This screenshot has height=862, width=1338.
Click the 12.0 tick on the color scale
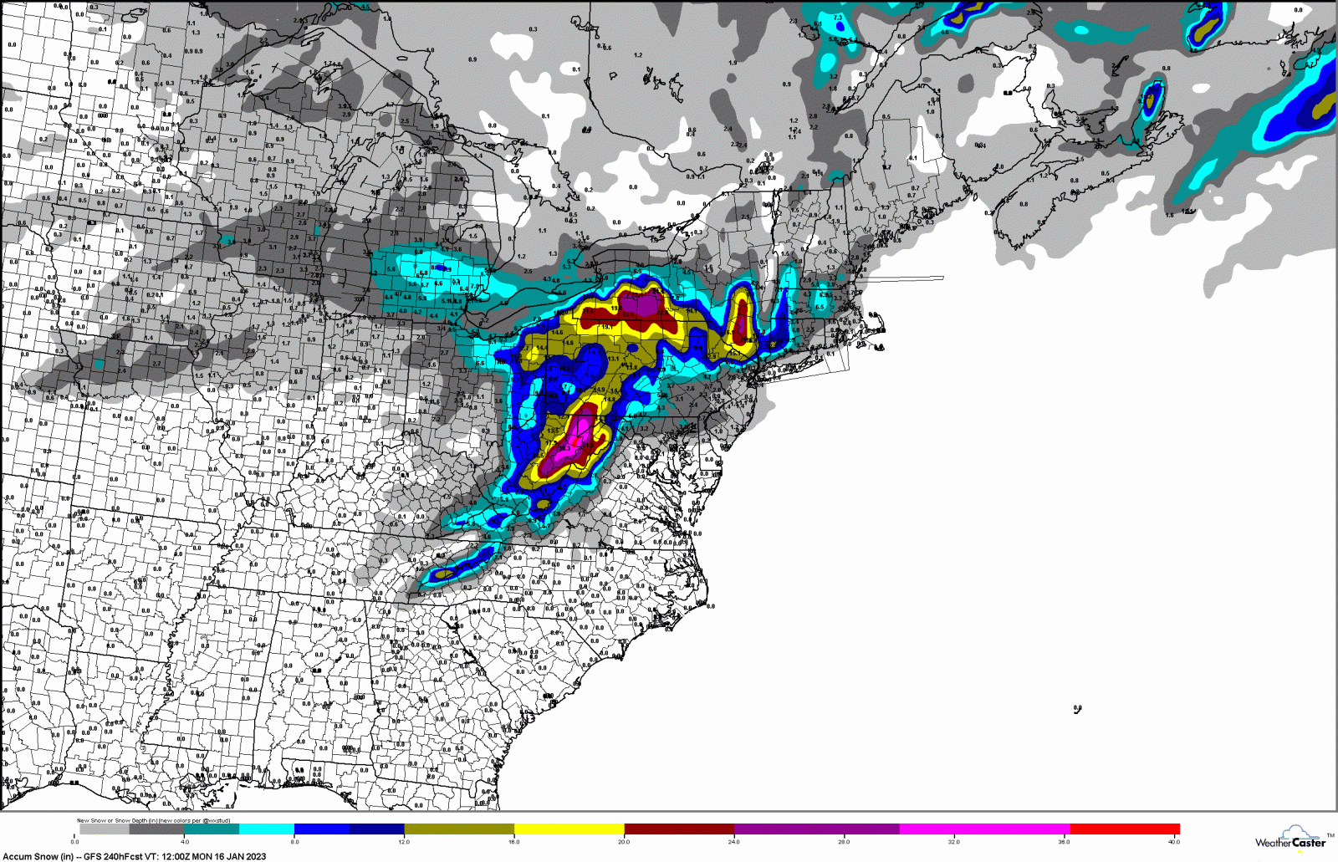point(404,842)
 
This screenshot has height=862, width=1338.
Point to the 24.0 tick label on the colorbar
point(733,842)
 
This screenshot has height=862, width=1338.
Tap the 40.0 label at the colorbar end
point(1173,842)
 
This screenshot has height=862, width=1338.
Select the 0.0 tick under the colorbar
point(74,842)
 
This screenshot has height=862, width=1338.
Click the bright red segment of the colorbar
point(1125,829)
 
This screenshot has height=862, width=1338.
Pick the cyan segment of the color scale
point(266,829)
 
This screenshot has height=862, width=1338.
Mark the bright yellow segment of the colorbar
point(569,829)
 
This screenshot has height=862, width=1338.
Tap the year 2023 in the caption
point(255,856)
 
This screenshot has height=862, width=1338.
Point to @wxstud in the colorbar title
point(217,820)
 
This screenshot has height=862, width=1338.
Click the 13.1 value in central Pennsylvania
point(613,359)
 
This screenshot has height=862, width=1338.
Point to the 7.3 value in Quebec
point(838,18)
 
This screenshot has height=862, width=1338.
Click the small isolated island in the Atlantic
point(1077,709)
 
